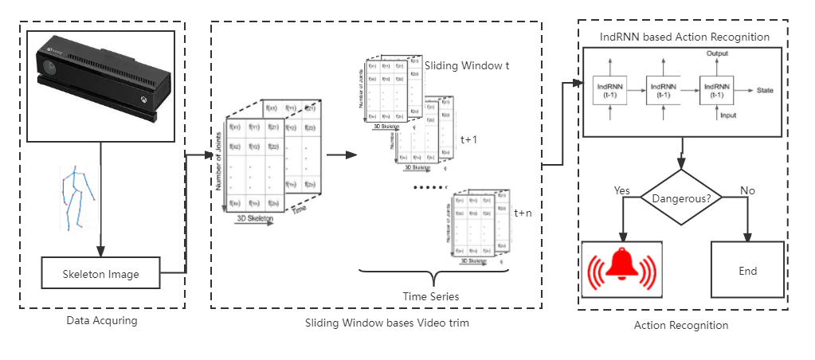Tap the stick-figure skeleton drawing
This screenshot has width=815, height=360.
coord(78,199)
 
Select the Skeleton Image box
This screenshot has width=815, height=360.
coord(100,274)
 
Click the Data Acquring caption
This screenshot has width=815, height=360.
coord(102,321)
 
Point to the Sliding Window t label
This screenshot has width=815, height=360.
coord(468,65)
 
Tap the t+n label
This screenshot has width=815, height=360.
coord(523,213)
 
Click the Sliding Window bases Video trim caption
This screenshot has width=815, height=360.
coord(387,323)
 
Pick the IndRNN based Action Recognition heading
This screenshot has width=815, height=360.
coord(684,37)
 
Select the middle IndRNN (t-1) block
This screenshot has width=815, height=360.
coord(664,90)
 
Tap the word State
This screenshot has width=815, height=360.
coord(765,91)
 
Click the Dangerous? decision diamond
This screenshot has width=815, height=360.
coord(682,196)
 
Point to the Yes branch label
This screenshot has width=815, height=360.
coord(623,191)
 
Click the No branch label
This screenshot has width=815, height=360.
coord(746,191)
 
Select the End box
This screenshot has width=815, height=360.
coord(747,271)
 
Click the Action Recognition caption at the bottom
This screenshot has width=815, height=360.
coord(680,325)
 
